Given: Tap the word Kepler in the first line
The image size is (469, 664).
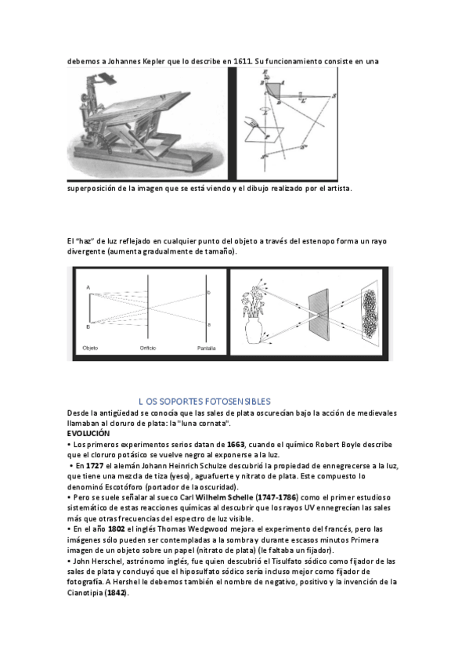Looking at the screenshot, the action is tap(154, 61).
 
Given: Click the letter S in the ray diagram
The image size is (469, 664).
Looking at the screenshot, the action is tap(334, 96).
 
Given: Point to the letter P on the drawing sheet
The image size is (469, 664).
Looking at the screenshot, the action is tap(266, 137).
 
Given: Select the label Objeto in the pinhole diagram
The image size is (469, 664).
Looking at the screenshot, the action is tap(90, 348).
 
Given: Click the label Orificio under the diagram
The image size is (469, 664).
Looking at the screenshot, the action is tap(148, 348).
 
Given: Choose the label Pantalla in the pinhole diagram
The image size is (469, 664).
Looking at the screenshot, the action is tap(206, 348).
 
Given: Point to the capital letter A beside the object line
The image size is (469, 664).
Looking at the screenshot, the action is tap(88, 287).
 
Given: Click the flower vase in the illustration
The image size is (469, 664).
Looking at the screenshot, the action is tap(254, 330).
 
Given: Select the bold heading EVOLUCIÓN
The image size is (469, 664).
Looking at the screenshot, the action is tap(88, 433).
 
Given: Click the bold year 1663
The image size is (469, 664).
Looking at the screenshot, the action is tap(236, 445).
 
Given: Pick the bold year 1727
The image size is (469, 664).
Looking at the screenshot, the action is tap(95, 466).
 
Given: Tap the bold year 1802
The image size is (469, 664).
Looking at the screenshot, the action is tap(117, 529).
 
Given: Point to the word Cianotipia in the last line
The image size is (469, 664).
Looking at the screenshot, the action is tap(85, 593).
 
